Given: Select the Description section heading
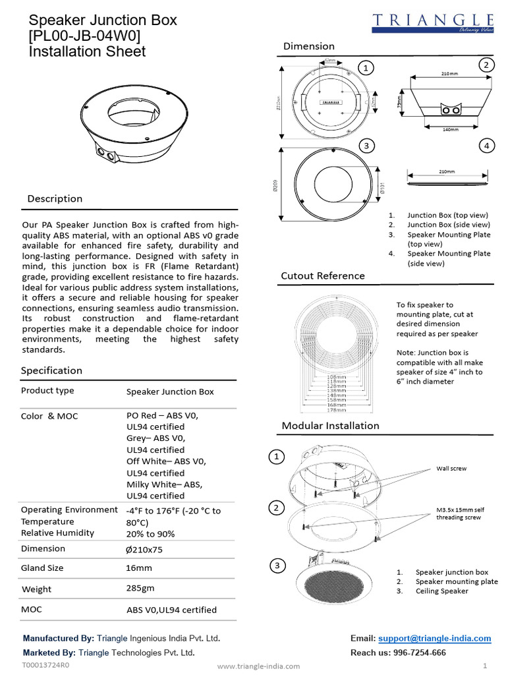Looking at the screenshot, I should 55,199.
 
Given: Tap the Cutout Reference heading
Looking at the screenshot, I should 323,276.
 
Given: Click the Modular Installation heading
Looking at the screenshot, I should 330,426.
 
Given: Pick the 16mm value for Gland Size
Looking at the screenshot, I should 138,568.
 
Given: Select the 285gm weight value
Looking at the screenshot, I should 141,588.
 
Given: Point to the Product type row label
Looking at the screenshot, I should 47,391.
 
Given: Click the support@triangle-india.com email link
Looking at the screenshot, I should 435,639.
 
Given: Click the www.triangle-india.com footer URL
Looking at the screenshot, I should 258,666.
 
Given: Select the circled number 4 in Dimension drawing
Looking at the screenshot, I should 486,146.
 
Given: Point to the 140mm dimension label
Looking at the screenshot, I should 450,129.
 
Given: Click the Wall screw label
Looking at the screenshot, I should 451,469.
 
